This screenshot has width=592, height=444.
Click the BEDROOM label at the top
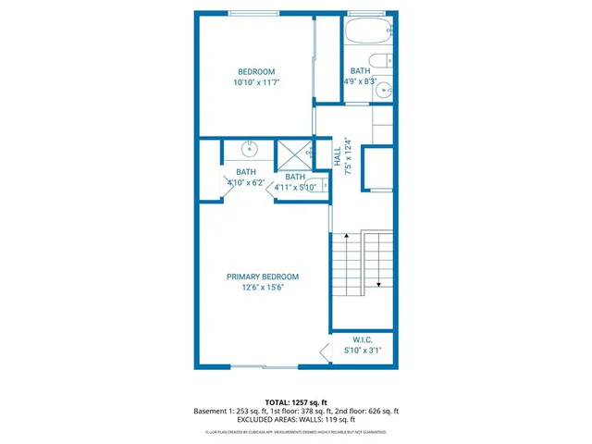256,72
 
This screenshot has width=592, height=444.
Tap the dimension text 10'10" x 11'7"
256,83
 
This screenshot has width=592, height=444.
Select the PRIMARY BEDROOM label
264,277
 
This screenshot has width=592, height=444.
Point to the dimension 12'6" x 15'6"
264,288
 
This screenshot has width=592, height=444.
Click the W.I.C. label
362,339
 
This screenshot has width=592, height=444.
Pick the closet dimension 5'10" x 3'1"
362,351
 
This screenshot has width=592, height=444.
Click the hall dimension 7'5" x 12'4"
348,155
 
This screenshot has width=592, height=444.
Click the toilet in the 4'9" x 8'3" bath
389,61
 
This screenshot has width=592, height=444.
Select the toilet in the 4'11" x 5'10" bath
322,186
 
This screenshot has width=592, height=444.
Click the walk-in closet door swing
324,351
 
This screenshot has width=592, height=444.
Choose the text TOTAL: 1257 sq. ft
296,402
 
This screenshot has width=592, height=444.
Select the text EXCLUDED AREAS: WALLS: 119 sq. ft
296,419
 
